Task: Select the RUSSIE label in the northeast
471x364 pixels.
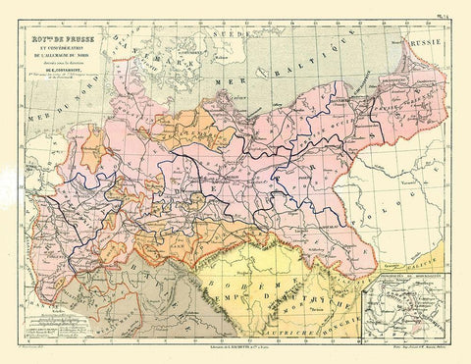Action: [x=428, y=44]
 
